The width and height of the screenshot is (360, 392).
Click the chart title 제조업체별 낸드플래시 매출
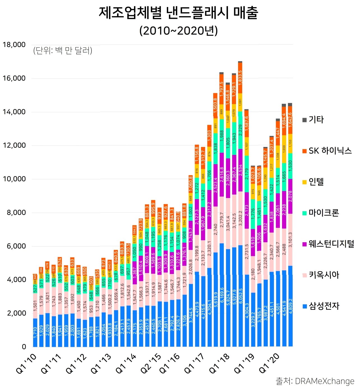pyautogui.click(x=178, y=13)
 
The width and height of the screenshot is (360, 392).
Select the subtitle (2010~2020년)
pyautogui.click(x=178, y=31)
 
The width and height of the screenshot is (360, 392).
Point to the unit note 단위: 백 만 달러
pyautogui.click(x=63, y=51)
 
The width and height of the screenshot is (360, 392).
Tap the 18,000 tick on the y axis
pyautogui.click(x=14, y=45)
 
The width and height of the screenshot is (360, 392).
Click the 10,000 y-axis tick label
pyautogui.click(x=14, y=179)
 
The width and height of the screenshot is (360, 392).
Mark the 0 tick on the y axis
pyautogui.click(x=24, y=347)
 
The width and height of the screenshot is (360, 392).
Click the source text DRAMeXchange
pyautogui.click(x=324, y=381)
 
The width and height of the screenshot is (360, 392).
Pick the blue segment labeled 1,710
pyautogui.click(x=35, y=332)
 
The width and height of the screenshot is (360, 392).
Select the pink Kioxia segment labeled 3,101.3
pyautogui.click(x=290, y=240)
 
